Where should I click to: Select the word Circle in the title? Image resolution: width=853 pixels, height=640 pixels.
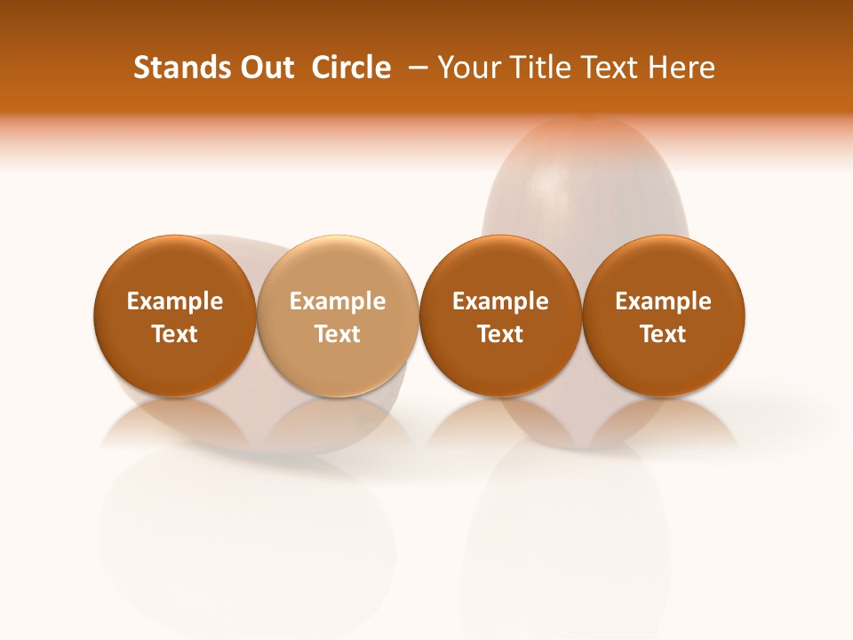(x=352, y=68)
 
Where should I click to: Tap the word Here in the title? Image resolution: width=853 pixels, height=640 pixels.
(x=682, y=68)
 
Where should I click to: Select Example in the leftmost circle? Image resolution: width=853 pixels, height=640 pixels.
(x=175, y=301)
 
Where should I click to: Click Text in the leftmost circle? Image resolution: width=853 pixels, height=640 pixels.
(x=175, y=334)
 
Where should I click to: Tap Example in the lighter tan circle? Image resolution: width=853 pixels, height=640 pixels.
(x=338, y=301)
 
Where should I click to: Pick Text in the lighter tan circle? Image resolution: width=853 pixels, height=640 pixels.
(x=338, y=334)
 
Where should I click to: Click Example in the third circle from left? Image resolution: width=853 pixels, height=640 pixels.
(x=500, y=301)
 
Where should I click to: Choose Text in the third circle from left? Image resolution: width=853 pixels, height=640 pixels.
(x=500, y=334)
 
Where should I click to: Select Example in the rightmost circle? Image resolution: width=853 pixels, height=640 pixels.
(x=663, y=301)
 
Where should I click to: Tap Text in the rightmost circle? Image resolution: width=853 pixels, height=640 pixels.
(x=663, y=334)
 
